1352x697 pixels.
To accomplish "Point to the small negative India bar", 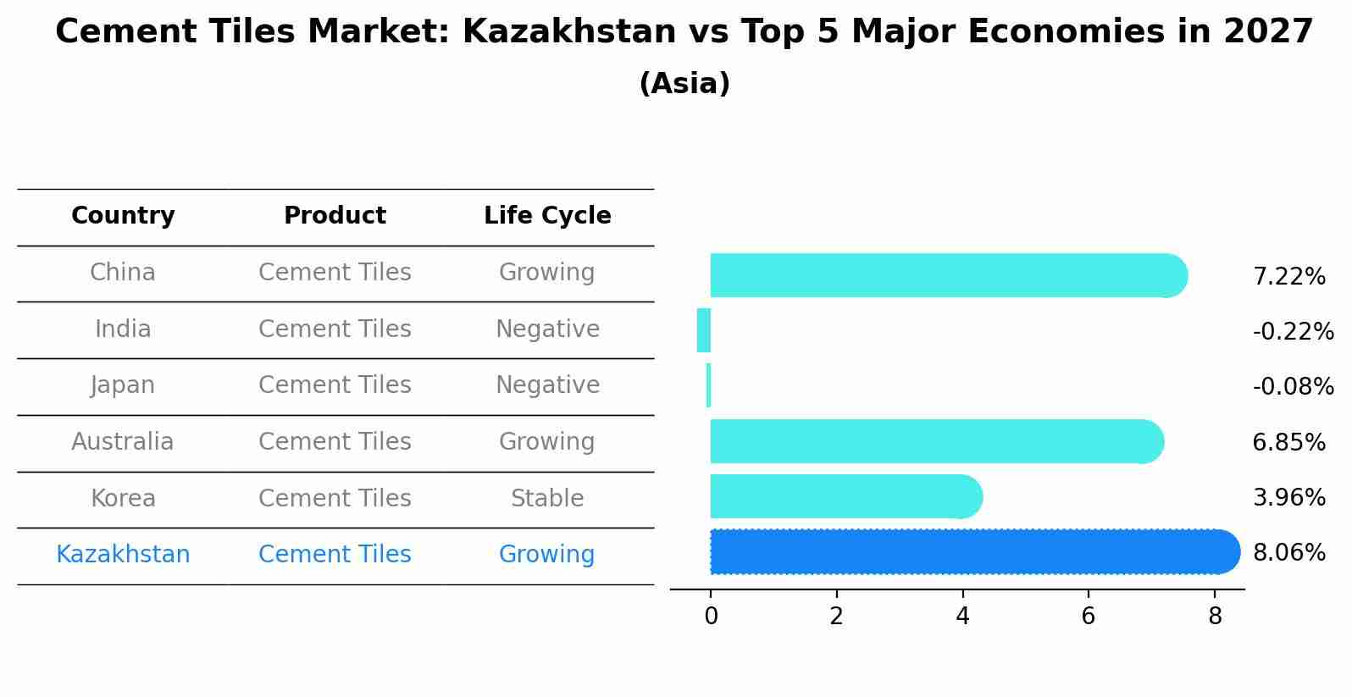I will tap(703, 330).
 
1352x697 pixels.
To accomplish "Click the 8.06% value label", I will tap(1288, 553).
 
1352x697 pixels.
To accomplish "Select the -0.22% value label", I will tap(1293, 331).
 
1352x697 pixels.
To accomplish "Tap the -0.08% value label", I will tap(1293, 386).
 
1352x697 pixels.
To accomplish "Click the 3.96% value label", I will tap(1288, 497).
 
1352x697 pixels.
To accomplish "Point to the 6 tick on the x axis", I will tap(1088, 616).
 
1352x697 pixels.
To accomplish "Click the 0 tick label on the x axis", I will tap(711, 616).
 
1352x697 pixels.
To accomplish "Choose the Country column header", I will tap(123, 216).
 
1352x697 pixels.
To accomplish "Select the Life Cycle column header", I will tap(547, 216).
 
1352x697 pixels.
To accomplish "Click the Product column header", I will tap(335, 216).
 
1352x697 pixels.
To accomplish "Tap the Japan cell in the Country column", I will tap(123, 385).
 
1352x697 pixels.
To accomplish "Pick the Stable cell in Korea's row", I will tap(547, 498).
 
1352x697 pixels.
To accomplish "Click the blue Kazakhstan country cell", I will tap(123, 555).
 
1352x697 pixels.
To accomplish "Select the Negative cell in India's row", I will tap(547, 329).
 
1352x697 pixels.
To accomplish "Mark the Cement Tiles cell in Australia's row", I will tap(335, 441).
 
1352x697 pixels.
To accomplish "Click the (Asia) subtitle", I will tap(684, 84).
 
